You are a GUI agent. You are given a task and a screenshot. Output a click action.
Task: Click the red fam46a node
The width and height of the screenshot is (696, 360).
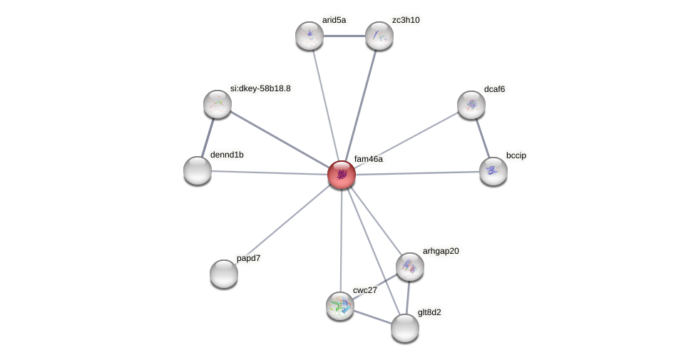point(342,175)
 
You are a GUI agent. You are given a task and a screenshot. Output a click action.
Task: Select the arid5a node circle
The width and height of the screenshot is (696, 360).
point(309,36)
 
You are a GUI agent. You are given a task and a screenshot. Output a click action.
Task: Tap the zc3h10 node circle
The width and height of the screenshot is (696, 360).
point(379,36)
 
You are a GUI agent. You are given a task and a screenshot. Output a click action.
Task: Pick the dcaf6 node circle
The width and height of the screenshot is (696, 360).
point(471,105)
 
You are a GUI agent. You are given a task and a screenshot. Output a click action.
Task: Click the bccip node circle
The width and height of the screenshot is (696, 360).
point(493,171)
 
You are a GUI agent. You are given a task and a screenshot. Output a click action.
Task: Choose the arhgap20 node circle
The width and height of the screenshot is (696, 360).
point(410,267)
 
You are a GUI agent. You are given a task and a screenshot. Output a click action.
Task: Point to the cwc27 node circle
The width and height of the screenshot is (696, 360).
point(340,305)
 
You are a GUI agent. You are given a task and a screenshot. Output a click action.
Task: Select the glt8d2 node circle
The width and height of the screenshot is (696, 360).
point(405,328)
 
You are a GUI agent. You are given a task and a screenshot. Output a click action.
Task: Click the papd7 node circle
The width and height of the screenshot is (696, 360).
point(224,274)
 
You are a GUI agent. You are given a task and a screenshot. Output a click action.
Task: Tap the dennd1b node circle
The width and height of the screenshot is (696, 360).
point(198,170)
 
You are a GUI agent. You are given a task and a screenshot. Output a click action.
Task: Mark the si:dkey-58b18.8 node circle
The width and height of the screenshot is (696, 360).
point(217,104)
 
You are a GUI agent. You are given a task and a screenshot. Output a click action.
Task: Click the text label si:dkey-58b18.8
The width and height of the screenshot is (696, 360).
point(260,88)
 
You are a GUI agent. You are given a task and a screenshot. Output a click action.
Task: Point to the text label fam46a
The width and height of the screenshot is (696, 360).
point(368,159)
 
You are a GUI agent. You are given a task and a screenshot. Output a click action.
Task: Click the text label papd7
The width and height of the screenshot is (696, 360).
point(248,258)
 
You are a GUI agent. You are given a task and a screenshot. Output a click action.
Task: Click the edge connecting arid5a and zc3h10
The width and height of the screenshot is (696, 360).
point(344,36)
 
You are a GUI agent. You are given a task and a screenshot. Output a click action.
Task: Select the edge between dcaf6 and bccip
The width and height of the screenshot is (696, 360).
point(483,138)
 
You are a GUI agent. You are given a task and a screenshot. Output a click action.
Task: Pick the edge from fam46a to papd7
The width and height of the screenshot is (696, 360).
point(282,225)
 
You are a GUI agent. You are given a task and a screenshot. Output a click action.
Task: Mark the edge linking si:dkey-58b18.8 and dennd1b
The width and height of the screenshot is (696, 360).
point(208,138)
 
